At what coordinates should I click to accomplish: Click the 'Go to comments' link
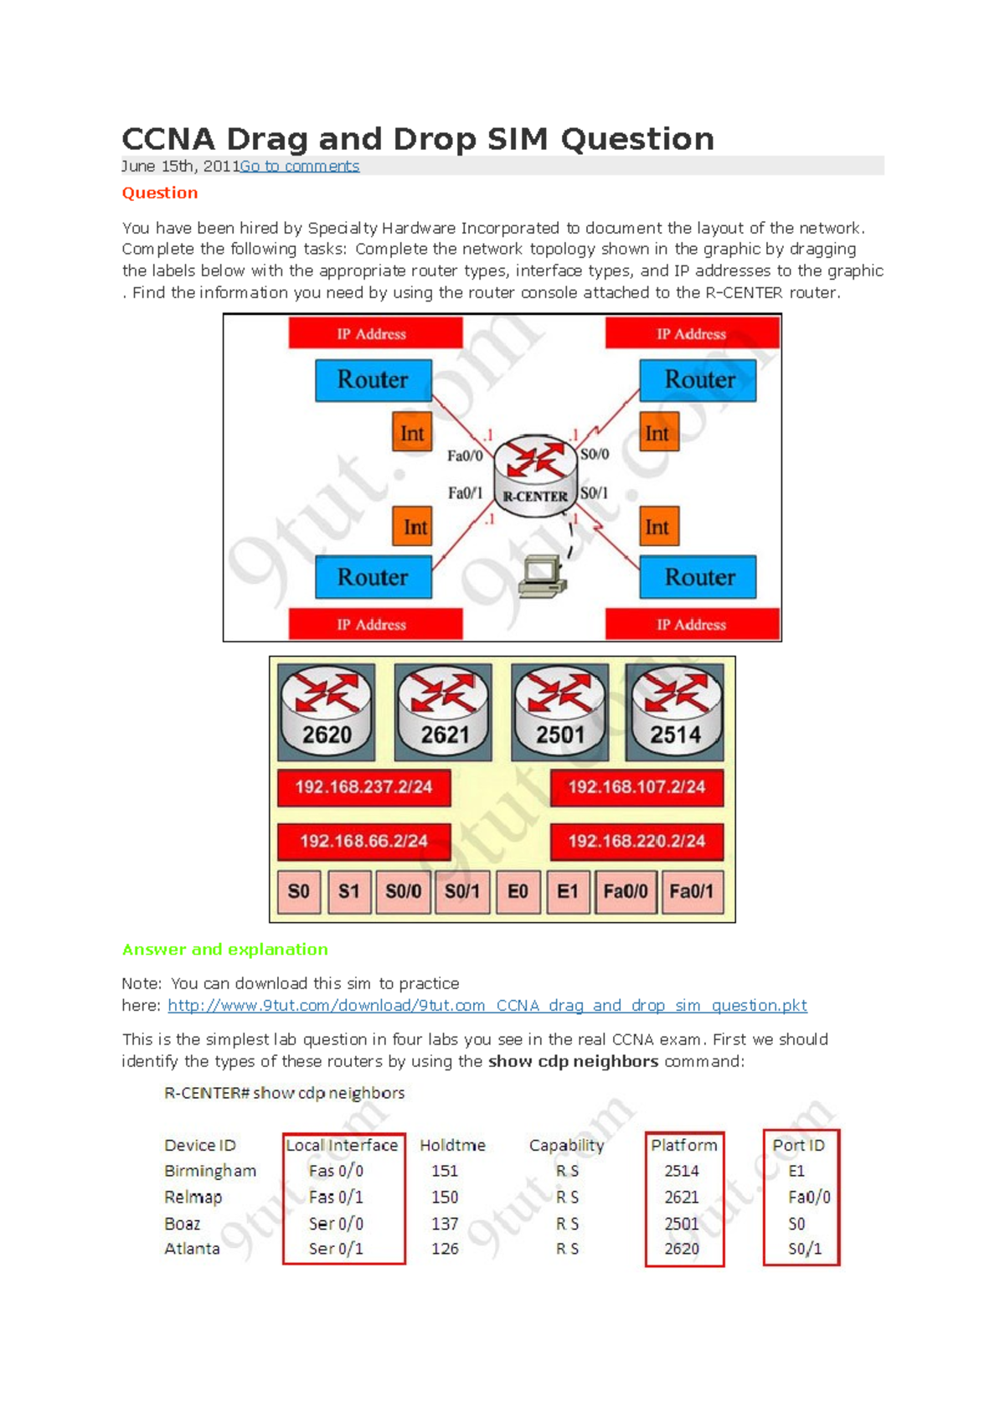[x=299, y=166]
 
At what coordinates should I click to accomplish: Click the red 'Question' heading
[x=160, y=193]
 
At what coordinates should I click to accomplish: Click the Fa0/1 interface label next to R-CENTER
[x=465, y=492]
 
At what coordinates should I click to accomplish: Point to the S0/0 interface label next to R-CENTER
[x=594, y=454]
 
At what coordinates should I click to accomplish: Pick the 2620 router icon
[x=326, y=711]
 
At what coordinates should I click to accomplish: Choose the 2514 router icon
[x=675, y=711]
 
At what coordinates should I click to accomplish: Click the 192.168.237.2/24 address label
[x=363, y=787]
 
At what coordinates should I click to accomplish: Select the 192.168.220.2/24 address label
[x=636, y=841]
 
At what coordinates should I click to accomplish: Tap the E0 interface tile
[x=518, y=891]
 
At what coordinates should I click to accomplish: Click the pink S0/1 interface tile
[x=462, y=891]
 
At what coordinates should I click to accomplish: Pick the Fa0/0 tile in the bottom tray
[x=626, y=891]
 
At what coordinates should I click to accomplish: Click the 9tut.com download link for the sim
[x=487, y=1005]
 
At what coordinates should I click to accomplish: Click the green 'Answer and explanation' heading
[x=224, y=949]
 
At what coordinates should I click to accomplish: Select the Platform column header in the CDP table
[x=683, y=1145]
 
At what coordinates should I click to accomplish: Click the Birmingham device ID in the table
[x=210, y=1171]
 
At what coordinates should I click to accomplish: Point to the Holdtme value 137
[x=445, y=1224]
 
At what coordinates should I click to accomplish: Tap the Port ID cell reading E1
[x=796, y=1171]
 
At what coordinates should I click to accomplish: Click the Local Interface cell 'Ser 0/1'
[x=336, y=1249]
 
